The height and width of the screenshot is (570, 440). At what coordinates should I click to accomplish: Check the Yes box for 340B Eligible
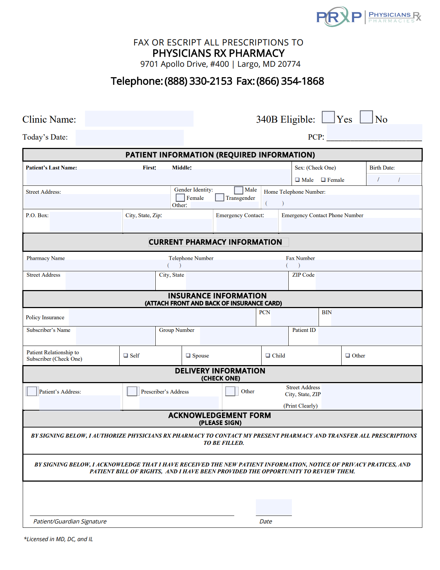[x=328, y=117]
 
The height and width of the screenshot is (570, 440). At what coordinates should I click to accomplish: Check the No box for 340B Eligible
[x=366, y=117]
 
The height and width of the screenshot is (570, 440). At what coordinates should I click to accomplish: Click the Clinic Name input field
[x=139, y=119]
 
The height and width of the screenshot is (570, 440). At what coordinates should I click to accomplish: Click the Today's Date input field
[x=129, y=137]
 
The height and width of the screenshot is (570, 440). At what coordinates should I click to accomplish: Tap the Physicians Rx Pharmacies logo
[x=368, y=17]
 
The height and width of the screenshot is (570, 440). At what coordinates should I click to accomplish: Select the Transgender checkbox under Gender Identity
[x=219, y=198]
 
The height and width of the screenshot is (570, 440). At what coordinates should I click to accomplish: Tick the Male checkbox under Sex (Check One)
[x=297, y=180]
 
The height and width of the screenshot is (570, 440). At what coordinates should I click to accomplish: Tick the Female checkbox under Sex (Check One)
[x=323, y=180]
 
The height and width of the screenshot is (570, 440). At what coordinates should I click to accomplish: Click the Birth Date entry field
[x=394, y=179]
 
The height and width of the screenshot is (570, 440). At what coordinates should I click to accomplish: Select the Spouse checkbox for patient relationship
[x=188, y=355]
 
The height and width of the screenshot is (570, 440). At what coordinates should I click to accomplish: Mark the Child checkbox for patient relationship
[x=268, y=355]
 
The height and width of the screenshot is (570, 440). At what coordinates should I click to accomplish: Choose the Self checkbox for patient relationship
[x=126, y=355]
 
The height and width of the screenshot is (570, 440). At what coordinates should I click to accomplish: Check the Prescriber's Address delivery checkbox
[x=132, y=391]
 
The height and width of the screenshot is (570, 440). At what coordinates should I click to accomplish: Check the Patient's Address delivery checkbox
[x=32, y=391]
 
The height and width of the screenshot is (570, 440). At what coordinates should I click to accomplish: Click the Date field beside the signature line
[x=274, y=507]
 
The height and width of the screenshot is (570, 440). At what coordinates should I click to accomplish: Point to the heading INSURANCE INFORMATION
[x=217, y=295]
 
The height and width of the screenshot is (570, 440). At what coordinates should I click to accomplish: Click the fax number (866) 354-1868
[x=290, y=81]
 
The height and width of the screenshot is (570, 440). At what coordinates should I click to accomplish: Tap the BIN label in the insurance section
[x=326, y=312]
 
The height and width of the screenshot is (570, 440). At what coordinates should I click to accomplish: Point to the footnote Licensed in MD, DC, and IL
[x=58, y=539]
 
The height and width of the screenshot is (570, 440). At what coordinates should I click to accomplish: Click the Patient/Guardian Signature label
[x=70, y=521]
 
